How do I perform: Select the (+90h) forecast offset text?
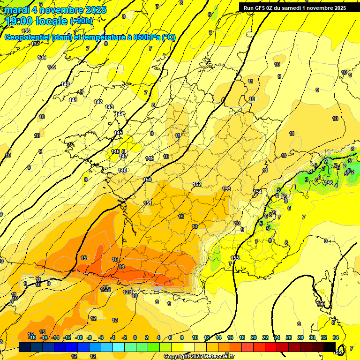[x=82, y=21]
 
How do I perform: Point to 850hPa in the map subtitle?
[x=146, y=37]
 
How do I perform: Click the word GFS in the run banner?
[x=262, y=7]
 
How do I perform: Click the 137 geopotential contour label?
[x=35, y=44]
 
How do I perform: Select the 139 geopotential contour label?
[x=52, y=67]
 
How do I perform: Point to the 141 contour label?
[x=73, y=100]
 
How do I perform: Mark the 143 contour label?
[x=109, y=107]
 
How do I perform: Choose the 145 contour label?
[x=118, y=133]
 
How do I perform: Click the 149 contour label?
[x=150, y=158]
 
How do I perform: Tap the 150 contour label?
[x=147, y=180]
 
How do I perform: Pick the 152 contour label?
[x=197, y=184]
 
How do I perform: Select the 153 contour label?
[x=226, y=189]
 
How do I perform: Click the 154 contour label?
[x=257, y=192]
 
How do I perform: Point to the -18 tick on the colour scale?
[x=32, y=337]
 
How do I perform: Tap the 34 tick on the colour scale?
[x=336, y=337]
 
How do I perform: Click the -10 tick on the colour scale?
[x=79, y=337]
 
